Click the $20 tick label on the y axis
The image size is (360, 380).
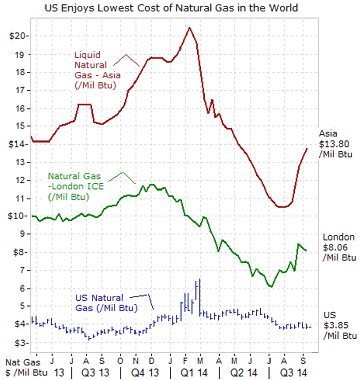[x=18, y=36]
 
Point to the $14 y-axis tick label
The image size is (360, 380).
[x=18, y=145]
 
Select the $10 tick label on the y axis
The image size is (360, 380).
[x=18, y=216]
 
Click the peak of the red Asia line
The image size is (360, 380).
[x=189, y=28]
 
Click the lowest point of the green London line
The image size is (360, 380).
[x=271, y=287]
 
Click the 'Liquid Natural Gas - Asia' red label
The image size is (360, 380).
[x=95, y=70]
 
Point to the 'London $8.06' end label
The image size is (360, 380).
[x=338, y=247]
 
